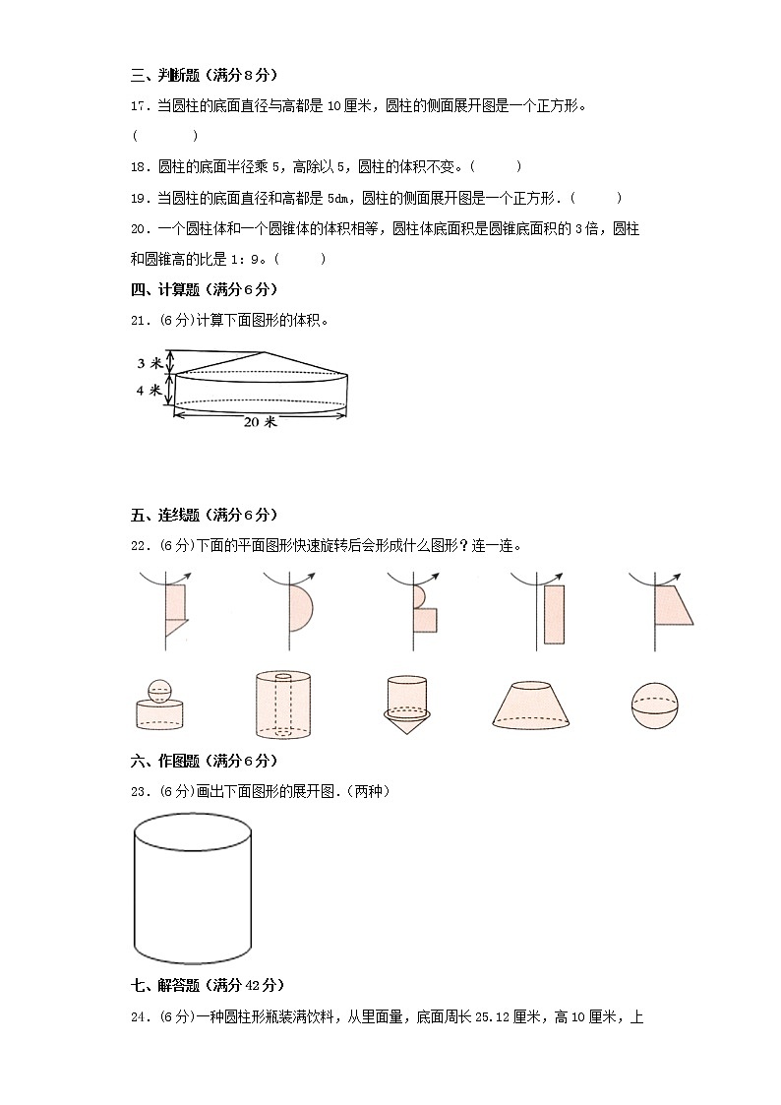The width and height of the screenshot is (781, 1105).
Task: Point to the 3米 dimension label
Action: (x=149, y=363)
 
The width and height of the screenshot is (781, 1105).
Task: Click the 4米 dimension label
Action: (x=149, y=391)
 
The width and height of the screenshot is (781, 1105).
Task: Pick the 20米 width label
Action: (x=259, y=421)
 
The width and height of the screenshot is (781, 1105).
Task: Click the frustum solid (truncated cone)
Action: (x=534, y=706)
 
